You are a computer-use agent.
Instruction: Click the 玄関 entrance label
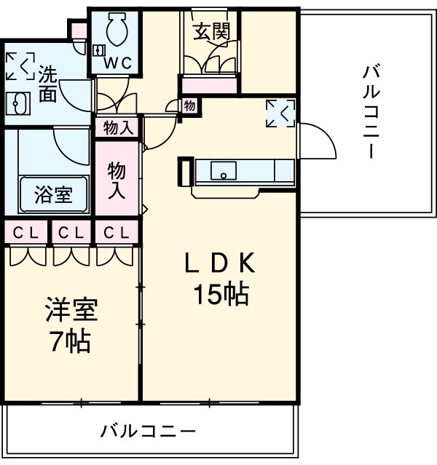click(x=211, y=31)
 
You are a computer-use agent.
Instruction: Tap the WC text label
click(x=117, y=63)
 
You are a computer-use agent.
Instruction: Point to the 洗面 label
click(x=48, y=84)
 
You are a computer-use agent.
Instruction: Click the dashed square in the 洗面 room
click(x=19, y=65)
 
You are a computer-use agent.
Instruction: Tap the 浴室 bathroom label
click(x=52, y=194)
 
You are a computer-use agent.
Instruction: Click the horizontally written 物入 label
click(x=118, y=129)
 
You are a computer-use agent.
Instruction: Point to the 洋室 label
click(x=70, y=311)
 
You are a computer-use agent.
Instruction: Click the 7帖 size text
click(x=70, y=340)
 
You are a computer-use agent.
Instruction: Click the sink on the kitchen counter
click(x=224, y=171)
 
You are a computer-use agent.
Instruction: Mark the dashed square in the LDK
click(x=280, y=112)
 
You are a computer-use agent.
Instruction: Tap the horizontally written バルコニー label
click(x=149, y=431)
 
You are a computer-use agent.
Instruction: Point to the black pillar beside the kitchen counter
click(x=184, y=172)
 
